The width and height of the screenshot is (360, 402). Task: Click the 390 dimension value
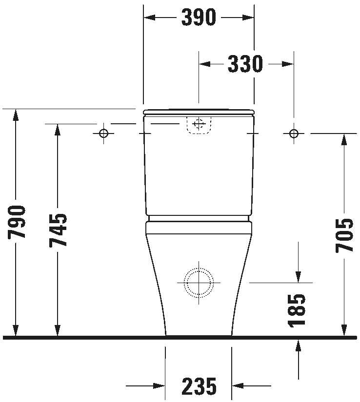point(199,17)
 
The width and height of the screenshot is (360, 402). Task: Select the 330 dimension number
point(245,63)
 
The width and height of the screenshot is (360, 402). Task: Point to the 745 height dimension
point(58,230)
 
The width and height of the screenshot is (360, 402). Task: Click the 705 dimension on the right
point(344,235)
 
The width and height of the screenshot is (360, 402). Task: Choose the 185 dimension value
point(297,311)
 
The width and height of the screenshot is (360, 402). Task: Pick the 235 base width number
point(199,386)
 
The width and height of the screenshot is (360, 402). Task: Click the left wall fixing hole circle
point(104,134)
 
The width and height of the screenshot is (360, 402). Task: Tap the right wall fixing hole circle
point(294,134)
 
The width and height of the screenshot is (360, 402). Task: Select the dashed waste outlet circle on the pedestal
point(199,268)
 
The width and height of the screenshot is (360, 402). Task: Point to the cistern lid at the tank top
point(199,112)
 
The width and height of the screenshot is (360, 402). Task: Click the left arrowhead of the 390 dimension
point(149,18)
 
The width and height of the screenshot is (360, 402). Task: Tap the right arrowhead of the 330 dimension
point(288,64)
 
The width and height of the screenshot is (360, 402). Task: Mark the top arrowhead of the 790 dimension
point(16,115)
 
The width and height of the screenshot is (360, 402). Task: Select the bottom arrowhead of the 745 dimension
point(58,330)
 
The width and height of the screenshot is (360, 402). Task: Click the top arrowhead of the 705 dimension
point(344,140)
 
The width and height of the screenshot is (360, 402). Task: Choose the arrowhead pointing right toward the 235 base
point(159,385)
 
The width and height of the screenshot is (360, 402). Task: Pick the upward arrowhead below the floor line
point(298,345)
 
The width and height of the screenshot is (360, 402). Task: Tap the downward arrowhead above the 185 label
point(298,277)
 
